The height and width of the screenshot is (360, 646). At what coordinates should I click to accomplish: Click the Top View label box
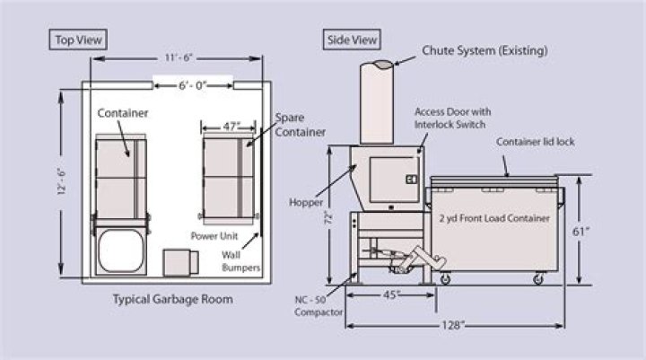pyautogui.click(x=78, y=40)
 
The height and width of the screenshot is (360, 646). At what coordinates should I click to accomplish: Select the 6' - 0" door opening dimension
pyautogui.click(x=190, y=85)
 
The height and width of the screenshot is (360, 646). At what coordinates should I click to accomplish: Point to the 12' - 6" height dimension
pyautogui.click(x=61, y=182)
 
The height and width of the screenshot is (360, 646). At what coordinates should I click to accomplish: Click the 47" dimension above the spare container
pyautogui.click(x=231, y=127)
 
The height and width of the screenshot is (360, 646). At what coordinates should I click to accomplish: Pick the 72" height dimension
pyautogui.click(x=329, y=216)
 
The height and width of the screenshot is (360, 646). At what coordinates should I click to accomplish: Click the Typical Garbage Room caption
pyautogui.click(x=172, y=299)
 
